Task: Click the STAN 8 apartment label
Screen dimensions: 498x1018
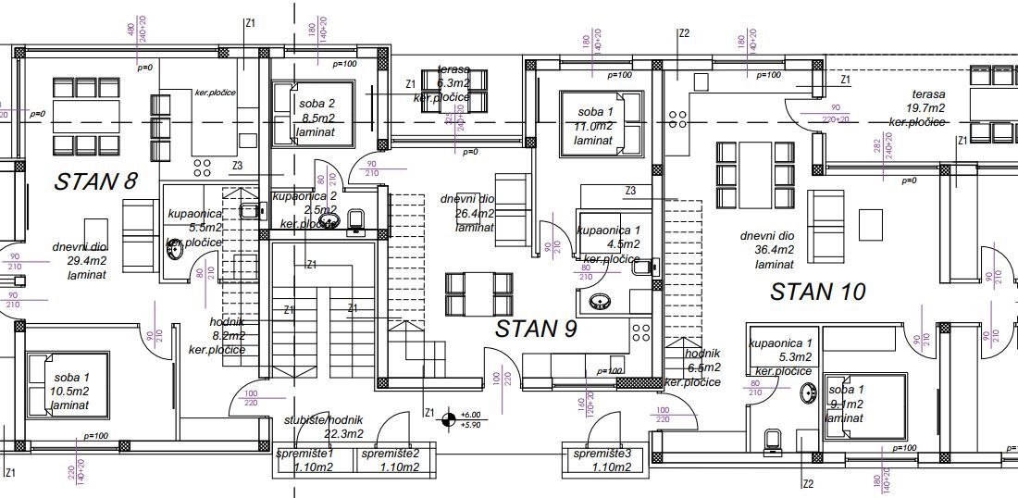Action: coord(95,181)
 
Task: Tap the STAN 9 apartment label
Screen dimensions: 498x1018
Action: coord(536,329)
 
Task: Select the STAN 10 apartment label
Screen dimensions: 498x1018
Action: coord(818,292)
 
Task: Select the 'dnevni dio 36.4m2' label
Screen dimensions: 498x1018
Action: coord(767,250)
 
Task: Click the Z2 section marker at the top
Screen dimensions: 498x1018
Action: coord(684,33)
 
